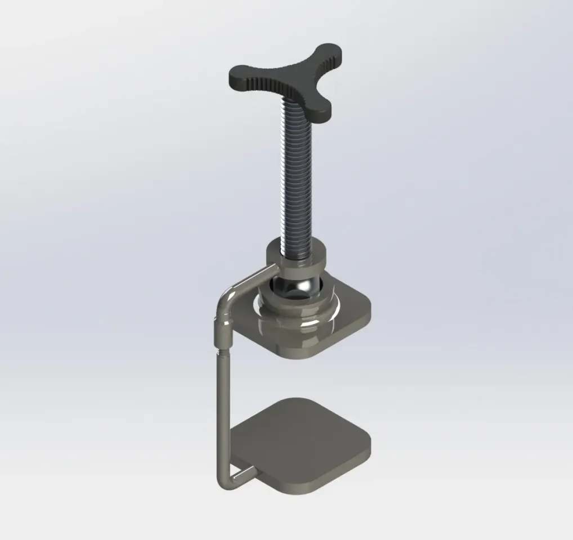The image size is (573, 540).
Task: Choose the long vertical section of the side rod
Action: click(x=223, y=411)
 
